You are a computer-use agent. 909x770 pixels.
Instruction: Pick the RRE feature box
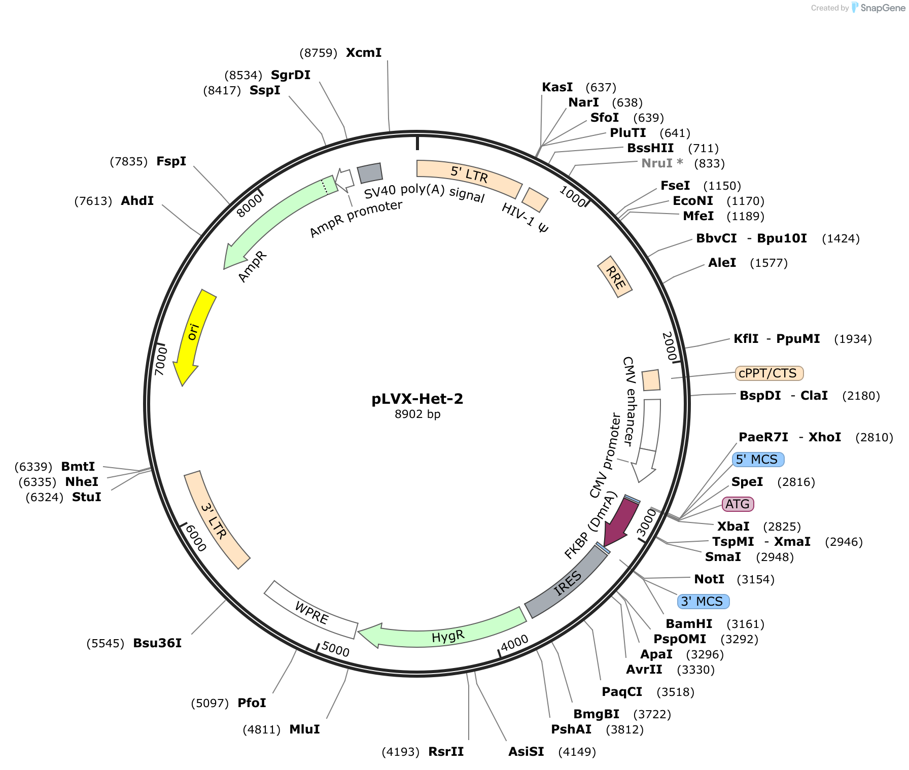point(615,276)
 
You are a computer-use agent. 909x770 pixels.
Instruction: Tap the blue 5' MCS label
point(758,460)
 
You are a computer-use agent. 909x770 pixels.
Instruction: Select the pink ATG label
point(738,504)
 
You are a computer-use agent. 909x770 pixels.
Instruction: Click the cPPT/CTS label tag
point(769,373)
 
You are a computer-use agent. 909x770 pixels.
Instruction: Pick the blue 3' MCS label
point(704,602)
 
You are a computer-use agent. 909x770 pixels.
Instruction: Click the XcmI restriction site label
point(364,53)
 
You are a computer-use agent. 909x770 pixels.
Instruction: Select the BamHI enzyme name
point(689,624)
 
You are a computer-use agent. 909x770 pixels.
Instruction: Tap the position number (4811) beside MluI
point(262,729)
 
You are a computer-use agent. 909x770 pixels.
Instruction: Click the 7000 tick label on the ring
point(161,361)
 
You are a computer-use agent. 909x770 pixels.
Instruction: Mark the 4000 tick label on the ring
point(514,643)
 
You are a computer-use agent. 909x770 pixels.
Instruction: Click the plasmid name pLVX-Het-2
point(417,399)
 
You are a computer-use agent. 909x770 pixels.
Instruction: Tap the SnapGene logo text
point(882,8)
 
